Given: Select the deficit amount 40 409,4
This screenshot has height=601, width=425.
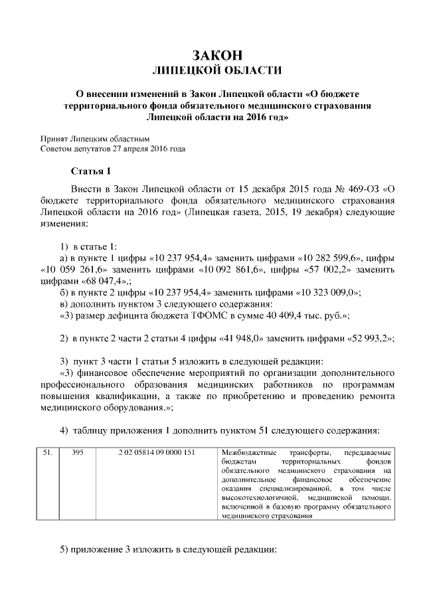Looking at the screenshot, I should coord(263,315).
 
